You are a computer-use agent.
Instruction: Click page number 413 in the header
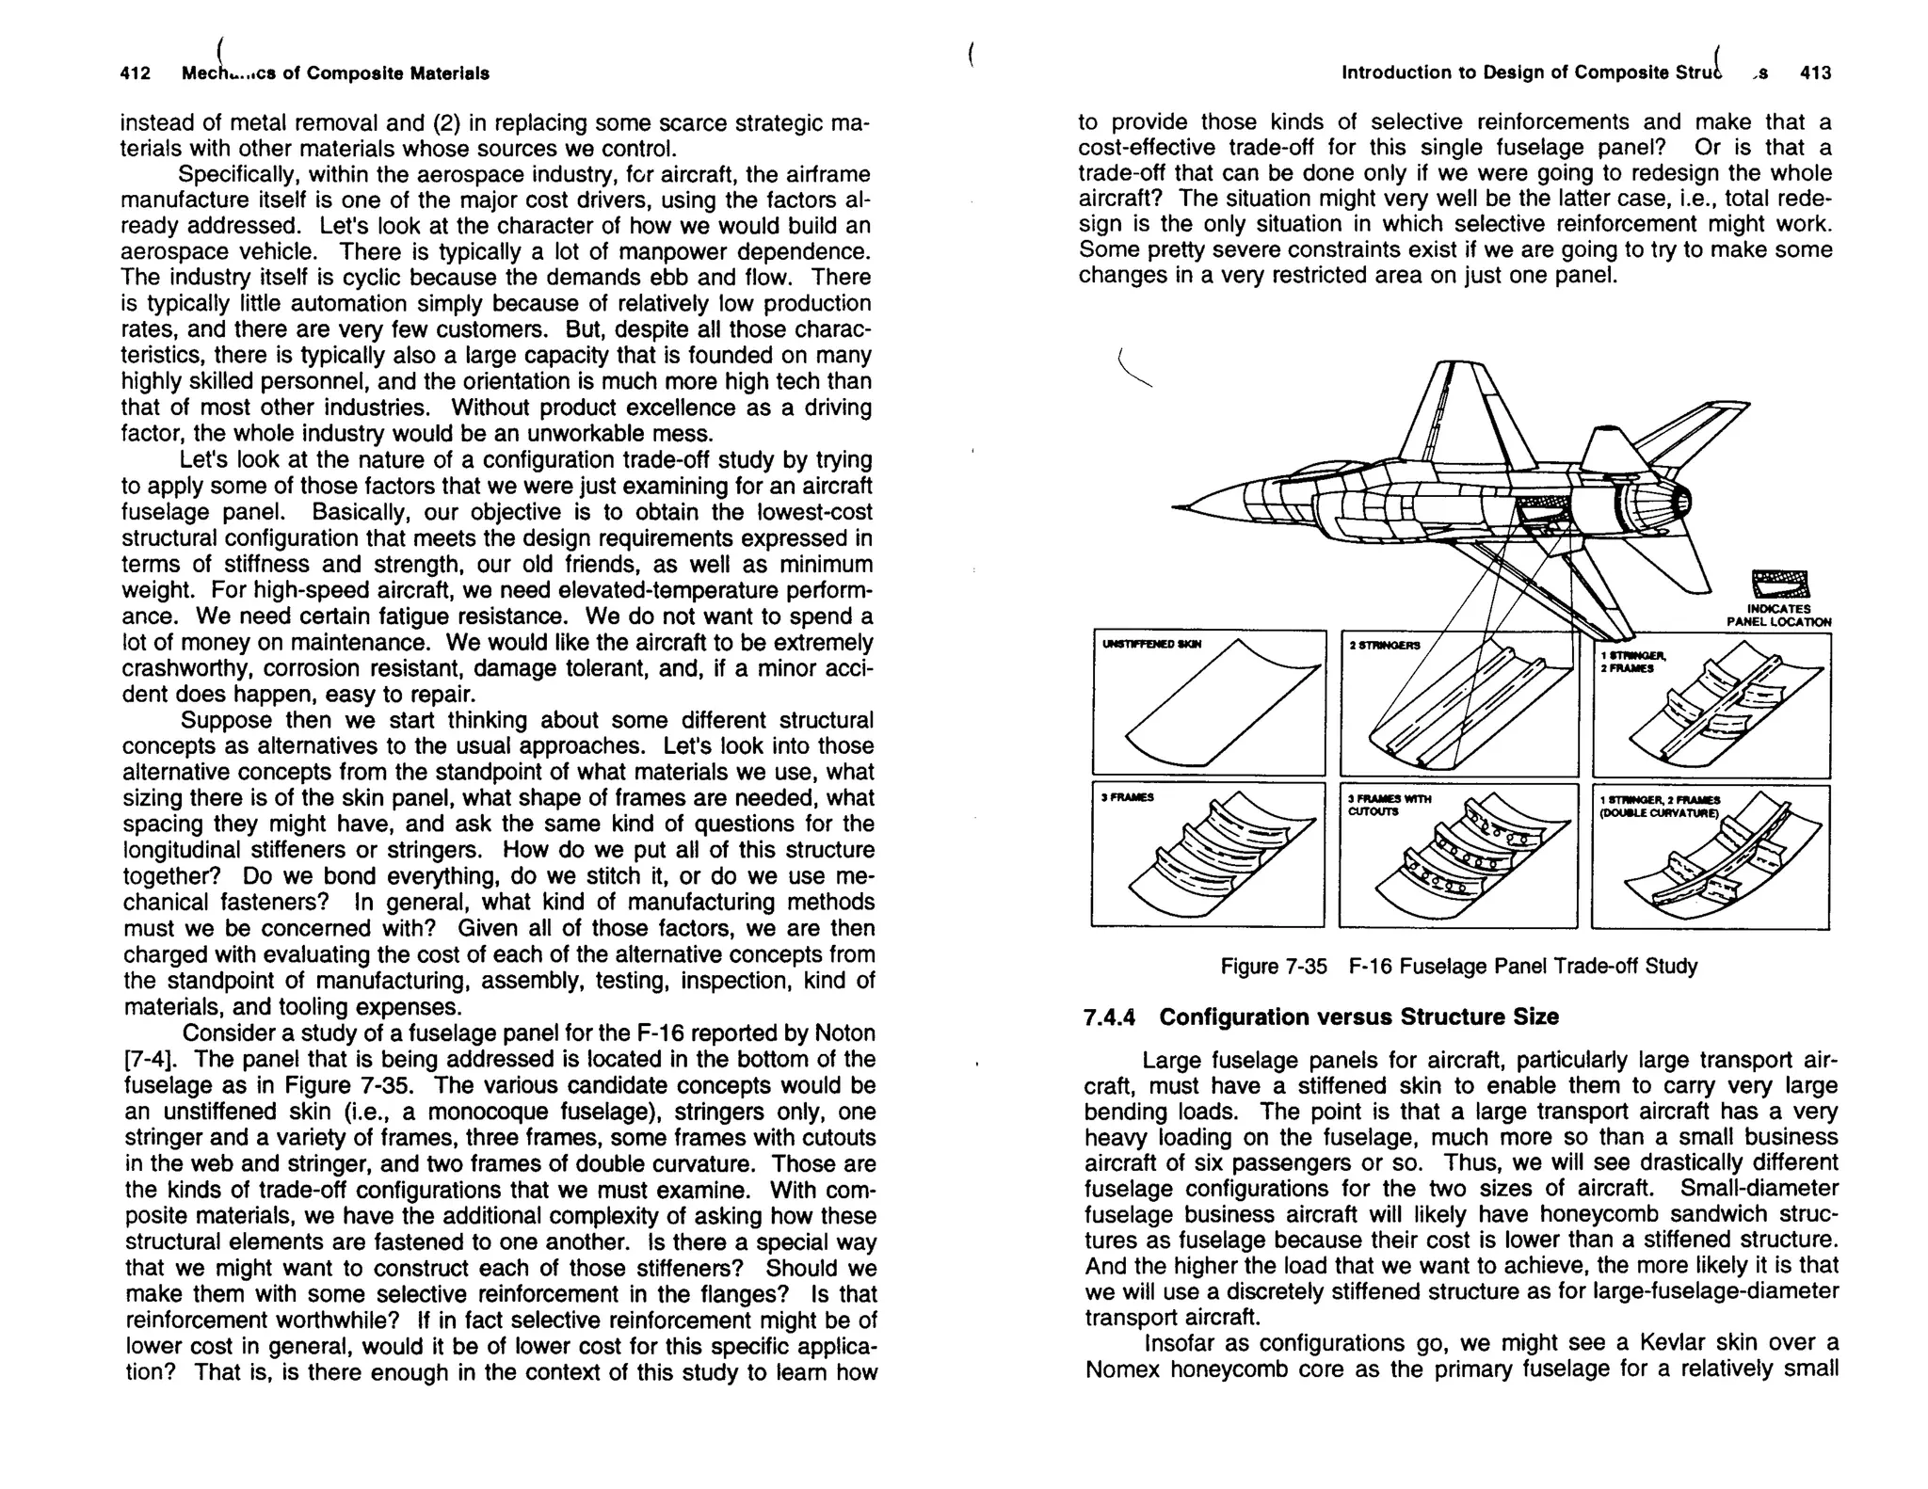tap(1815, 73)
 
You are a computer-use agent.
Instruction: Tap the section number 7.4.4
tap(1110, 1017)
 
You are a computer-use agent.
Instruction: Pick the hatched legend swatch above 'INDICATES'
tap(1780, 585)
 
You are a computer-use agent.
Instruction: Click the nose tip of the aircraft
tap(1177, 508)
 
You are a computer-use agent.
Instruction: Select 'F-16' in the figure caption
tap(1370, 967)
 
